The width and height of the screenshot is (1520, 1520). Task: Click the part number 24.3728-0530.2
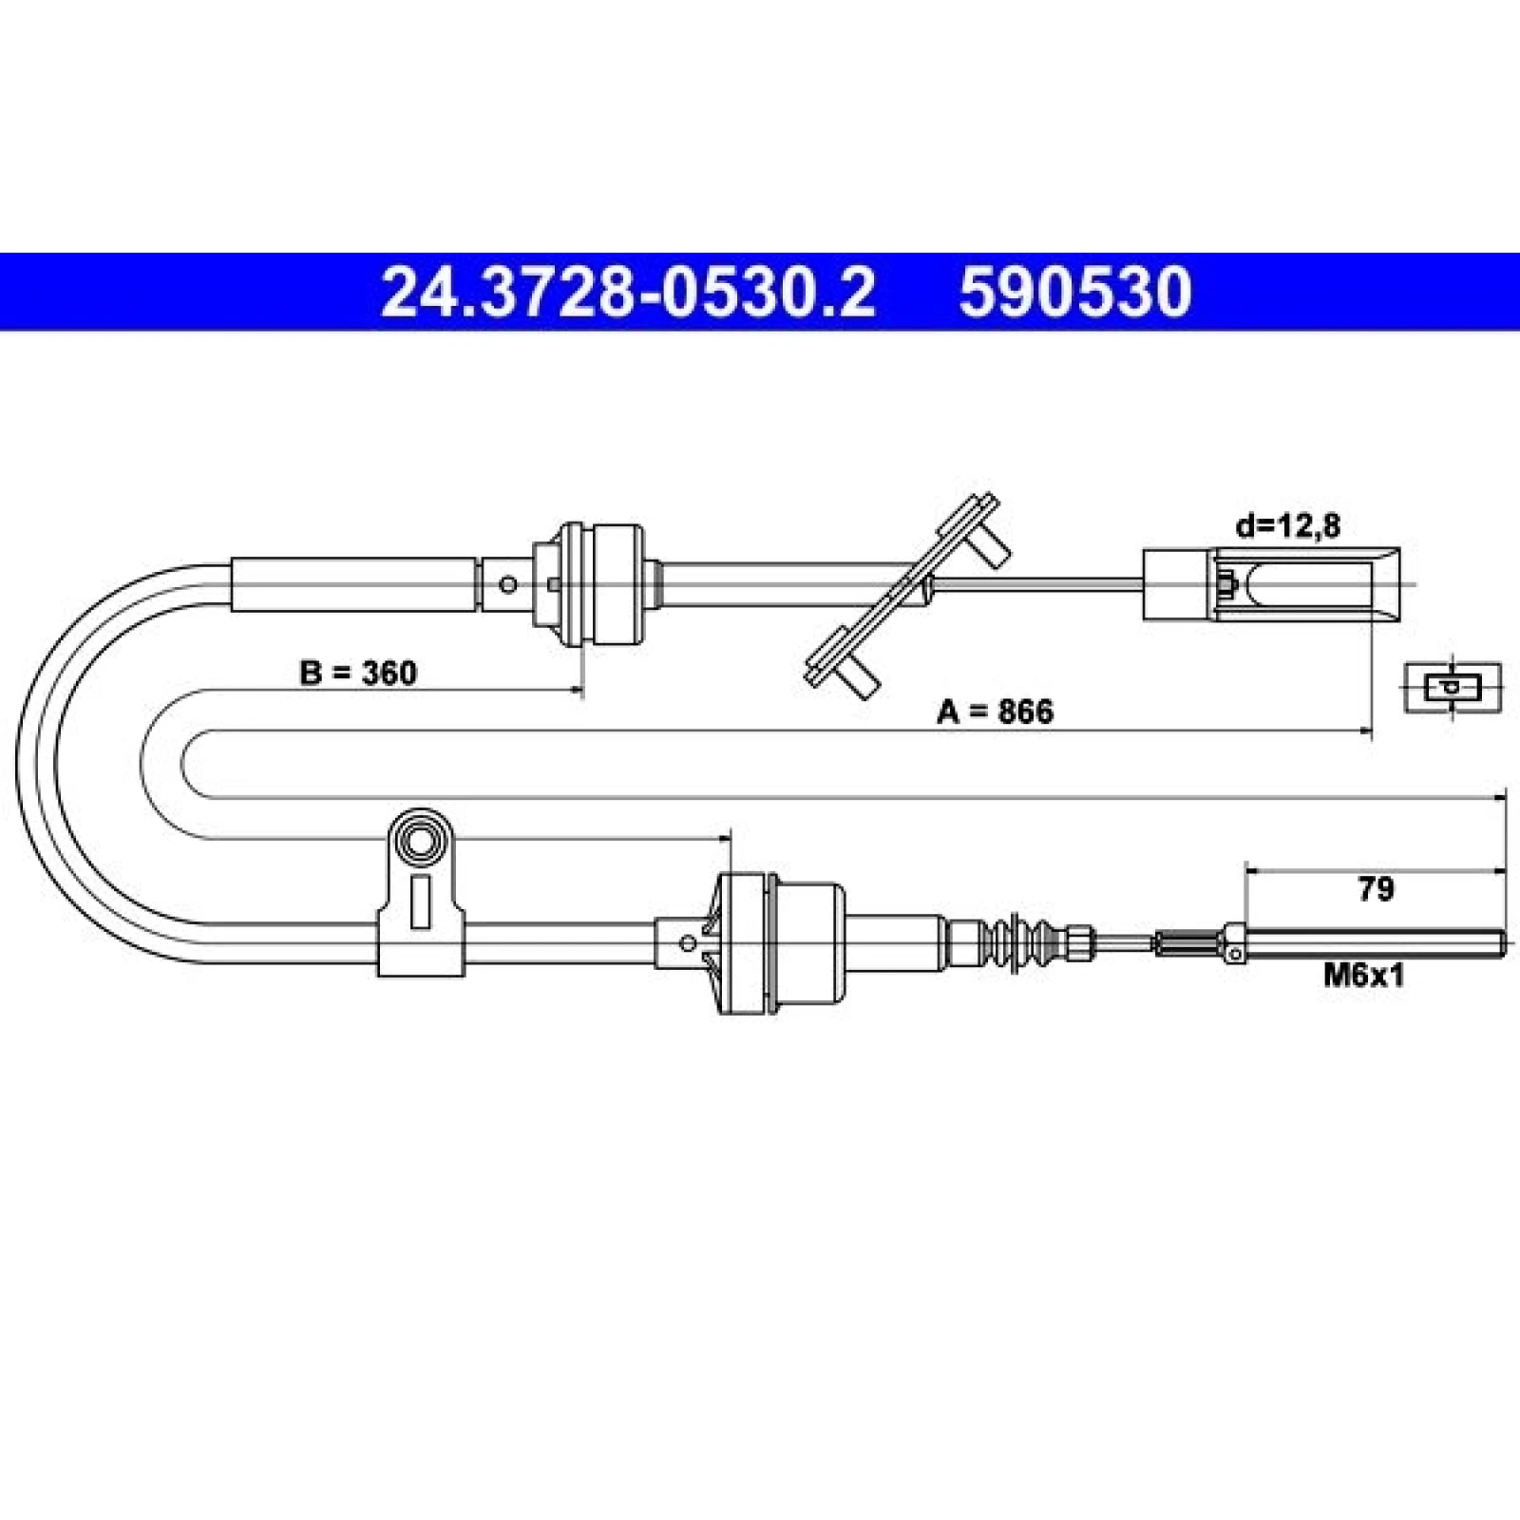coord(628,292)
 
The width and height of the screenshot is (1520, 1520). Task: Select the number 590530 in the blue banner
coord(1074,292)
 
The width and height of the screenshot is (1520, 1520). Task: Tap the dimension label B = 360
coord(358,673)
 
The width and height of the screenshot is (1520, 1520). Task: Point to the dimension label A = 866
coord(995,711)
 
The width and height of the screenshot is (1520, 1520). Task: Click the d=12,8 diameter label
coord(1287,524)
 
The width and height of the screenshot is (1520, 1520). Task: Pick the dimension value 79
coord(1376,889)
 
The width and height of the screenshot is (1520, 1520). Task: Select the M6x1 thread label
coord(1364,975)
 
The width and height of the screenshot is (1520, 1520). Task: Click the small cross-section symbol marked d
coord(1453,687)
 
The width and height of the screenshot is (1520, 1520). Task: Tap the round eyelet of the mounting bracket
coord(419,840)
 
